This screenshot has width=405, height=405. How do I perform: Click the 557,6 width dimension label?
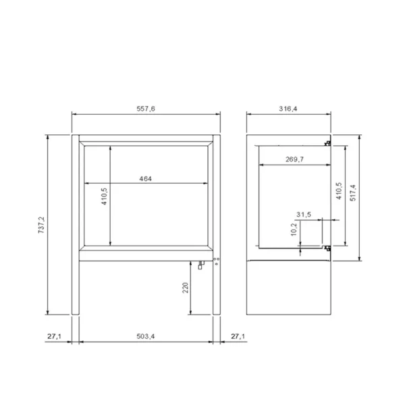(x=146, y=109)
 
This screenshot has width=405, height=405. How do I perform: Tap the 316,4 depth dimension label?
(x=288, y=109)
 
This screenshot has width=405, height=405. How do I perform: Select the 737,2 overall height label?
(x=41, y=225)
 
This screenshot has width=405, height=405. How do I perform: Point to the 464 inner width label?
(x=145, y=179)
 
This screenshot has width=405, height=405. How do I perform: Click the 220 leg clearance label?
(x=186, y=288)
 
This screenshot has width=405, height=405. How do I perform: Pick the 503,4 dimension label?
(x=146, y=336)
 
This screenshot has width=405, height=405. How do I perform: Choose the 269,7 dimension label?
(x=294, y=159)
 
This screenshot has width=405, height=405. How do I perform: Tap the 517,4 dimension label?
(x=353, y=192)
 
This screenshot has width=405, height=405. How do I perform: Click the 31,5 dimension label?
(x=304, y=215)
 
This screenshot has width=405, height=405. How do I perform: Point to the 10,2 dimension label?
(x=294, y=230)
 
